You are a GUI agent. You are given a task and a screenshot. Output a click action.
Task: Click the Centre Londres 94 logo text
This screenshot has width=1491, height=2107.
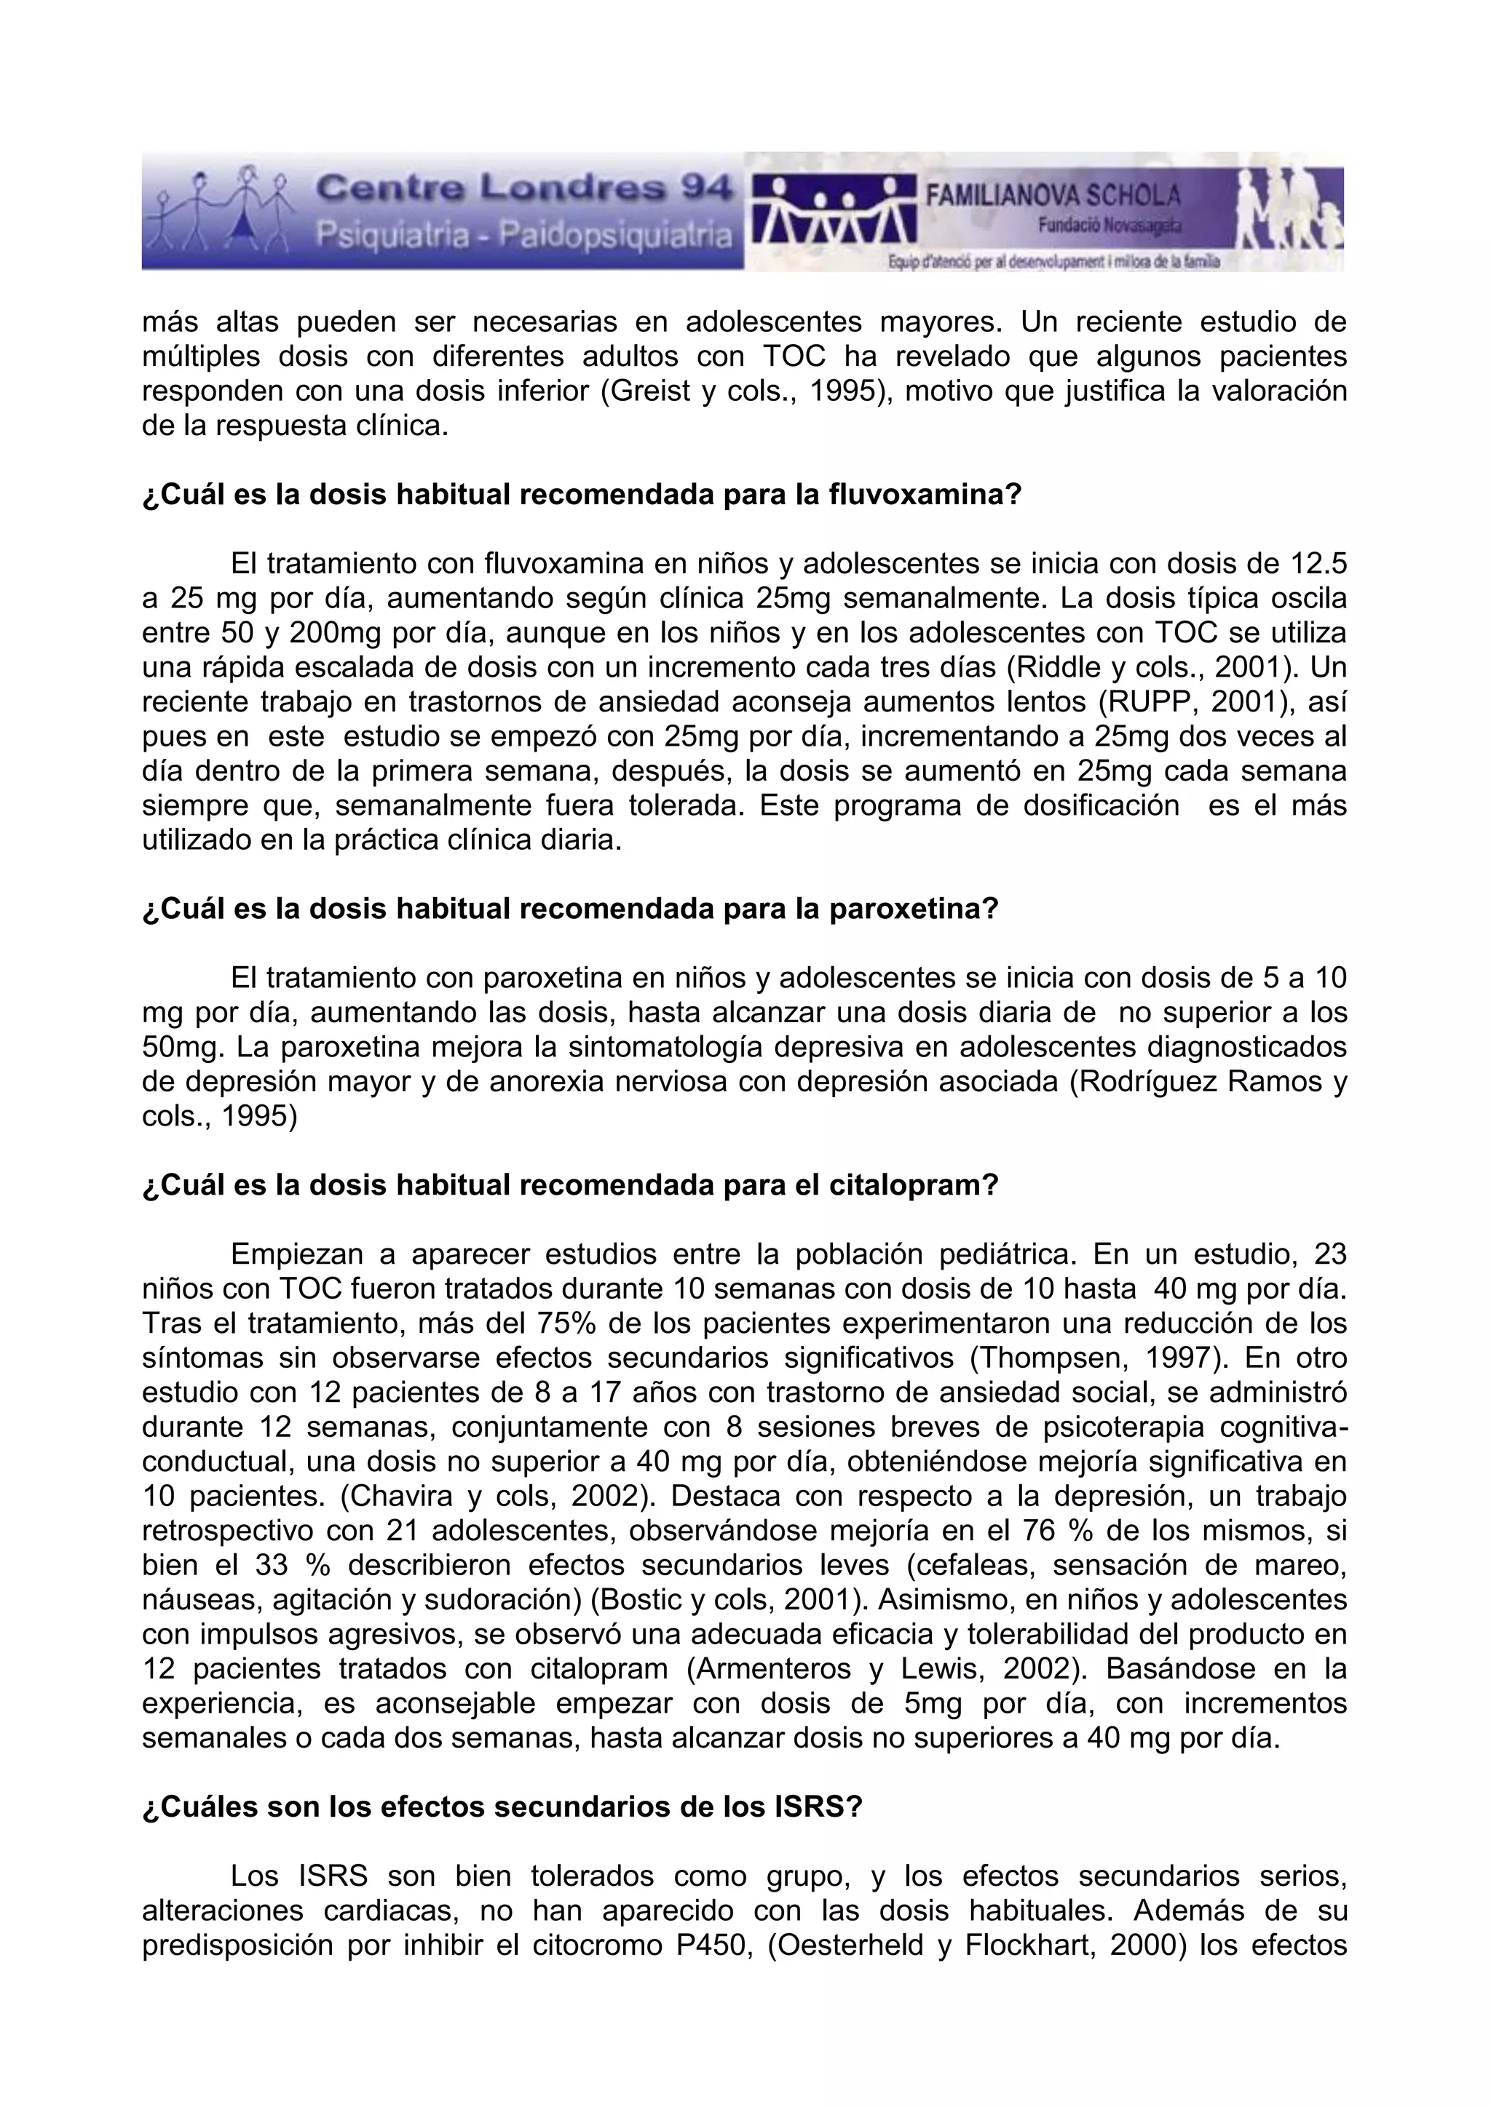click(523, 189)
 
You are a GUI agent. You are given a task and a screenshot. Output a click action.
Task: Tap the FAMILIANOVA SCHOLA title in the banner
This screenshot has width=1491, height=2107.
click(1052, 196)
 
